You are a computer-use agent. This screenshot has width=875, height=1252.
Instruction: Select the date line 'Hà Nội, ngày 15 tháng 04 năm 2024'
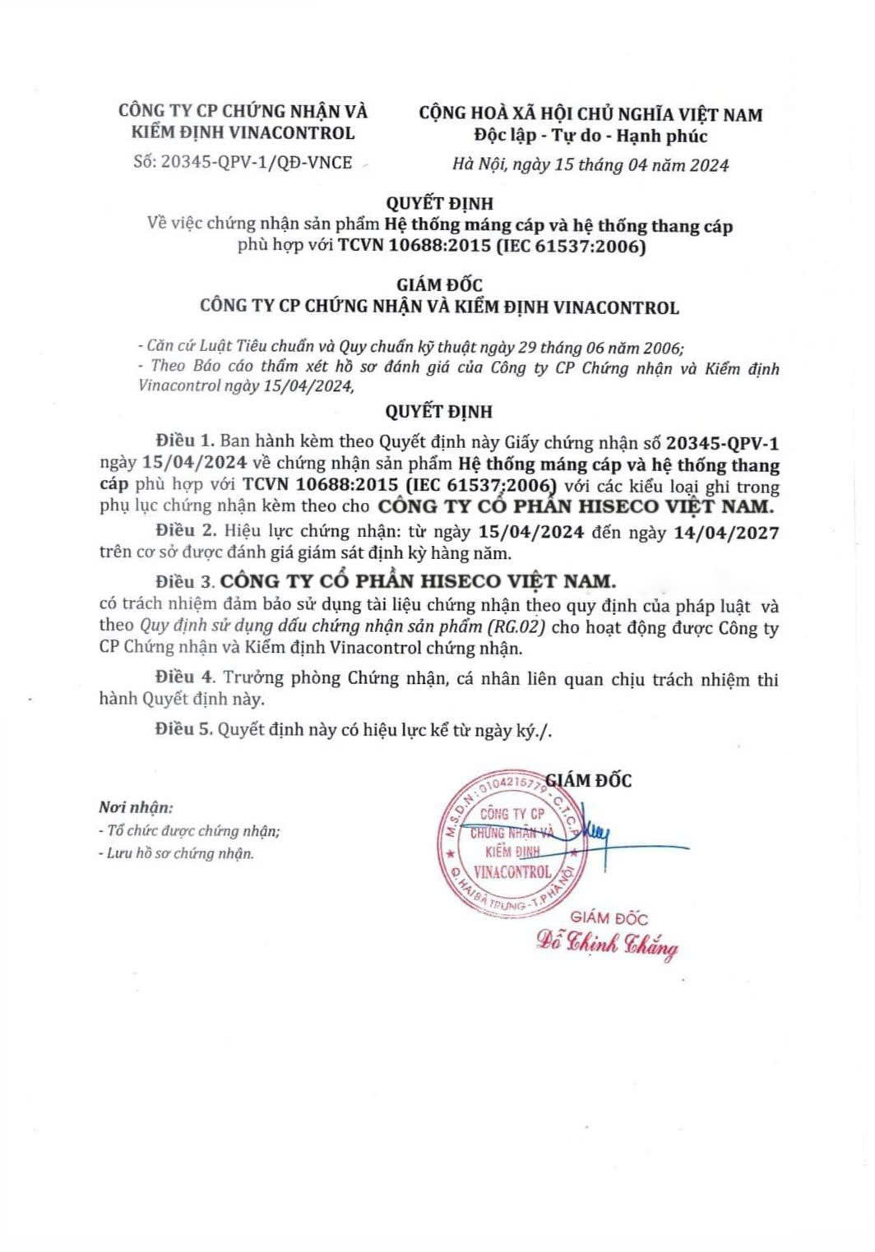click(x=590, y=164)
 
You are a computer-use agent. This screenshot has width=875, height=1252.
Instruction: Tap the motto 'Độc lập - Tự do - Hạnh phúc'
click(x=590, y=136)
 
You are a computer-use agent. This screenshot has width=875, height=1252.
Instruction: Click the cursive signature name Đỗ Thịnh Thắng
click(x=607, y=946)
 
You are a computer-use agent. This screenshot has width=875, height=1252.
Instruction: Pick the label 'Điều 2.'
click(x=178, y=532)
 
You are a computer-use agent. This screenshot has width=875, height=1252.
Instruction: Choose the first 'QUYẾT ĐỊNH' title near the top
click(x=439, y=202)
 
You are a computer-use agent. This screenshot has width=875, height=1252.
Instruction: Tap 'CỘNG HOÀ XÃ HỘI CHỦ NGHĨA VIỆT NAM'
click(x=590, y=113)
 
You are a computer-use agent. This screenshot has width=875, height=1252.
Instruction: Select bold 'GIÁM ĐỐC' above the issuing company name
click(x=439, y=285)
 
